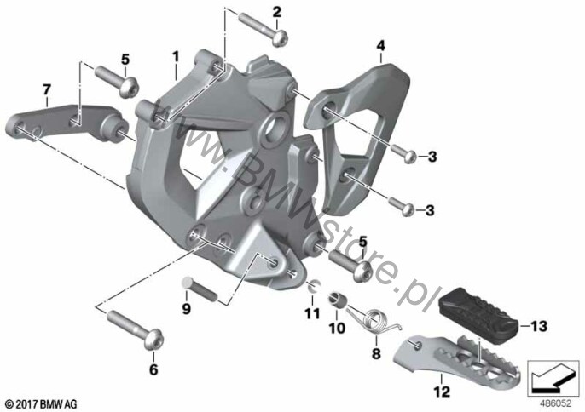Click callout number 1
point(175,56)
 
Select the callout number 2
point(275,11)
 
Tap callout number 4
point(380,45)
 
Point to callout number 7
point(48,88)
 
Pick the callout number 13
point(538,325)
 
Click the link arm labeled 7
point(60,119)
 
